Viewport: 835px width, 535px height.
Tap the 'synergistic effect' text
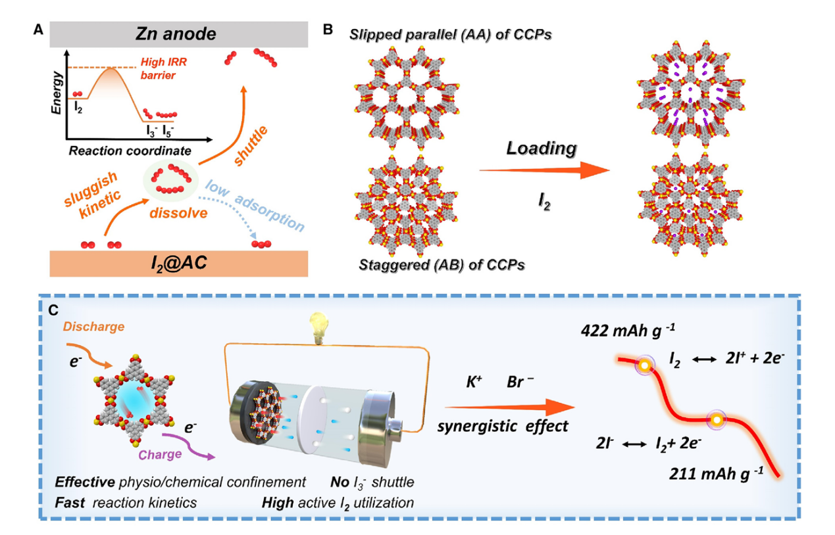coord(503,426)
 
